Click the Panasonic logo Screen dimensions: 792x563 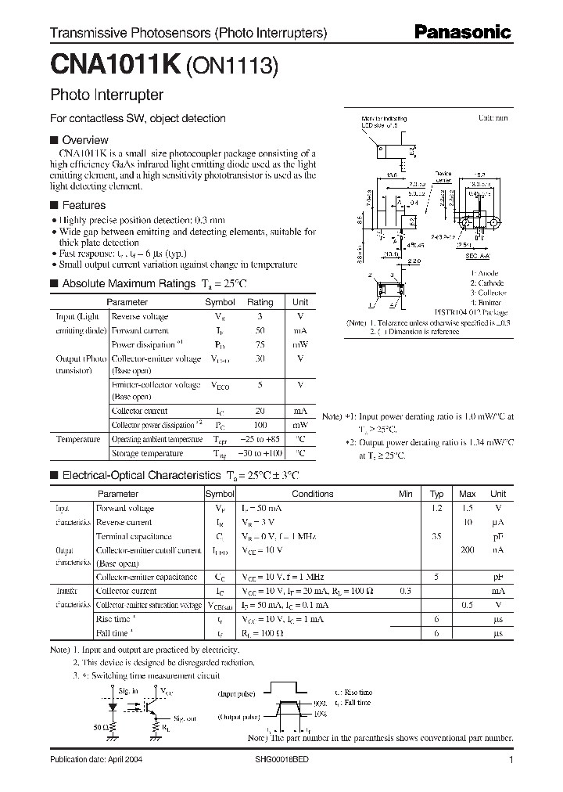462,32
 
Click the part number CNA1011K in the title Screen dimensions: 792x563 115,67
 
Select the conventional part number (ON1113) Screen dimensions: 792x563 231,68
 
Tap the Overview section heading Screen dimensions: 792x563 84,140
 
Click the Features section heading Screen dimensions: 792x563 83,205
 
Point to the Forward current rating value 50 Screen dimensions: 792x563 260,330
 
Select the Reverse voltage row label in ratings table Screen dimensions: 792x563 140,316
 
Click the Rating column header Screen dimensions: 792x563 260,302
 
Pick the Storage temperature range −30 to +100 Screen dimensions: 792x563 260,453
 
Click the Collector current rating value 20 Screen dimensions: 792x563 260,411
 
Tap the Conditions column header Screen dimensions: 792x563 312,494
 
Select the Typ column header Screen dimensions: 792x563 437,494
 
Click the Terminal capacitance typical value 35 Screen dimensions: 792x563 437,536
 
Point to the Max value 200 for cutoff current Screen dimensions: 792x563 467,550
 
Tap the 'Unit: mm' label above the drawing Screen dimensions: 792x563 493,117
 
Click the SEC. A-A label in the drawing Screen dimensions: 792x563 478,255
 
